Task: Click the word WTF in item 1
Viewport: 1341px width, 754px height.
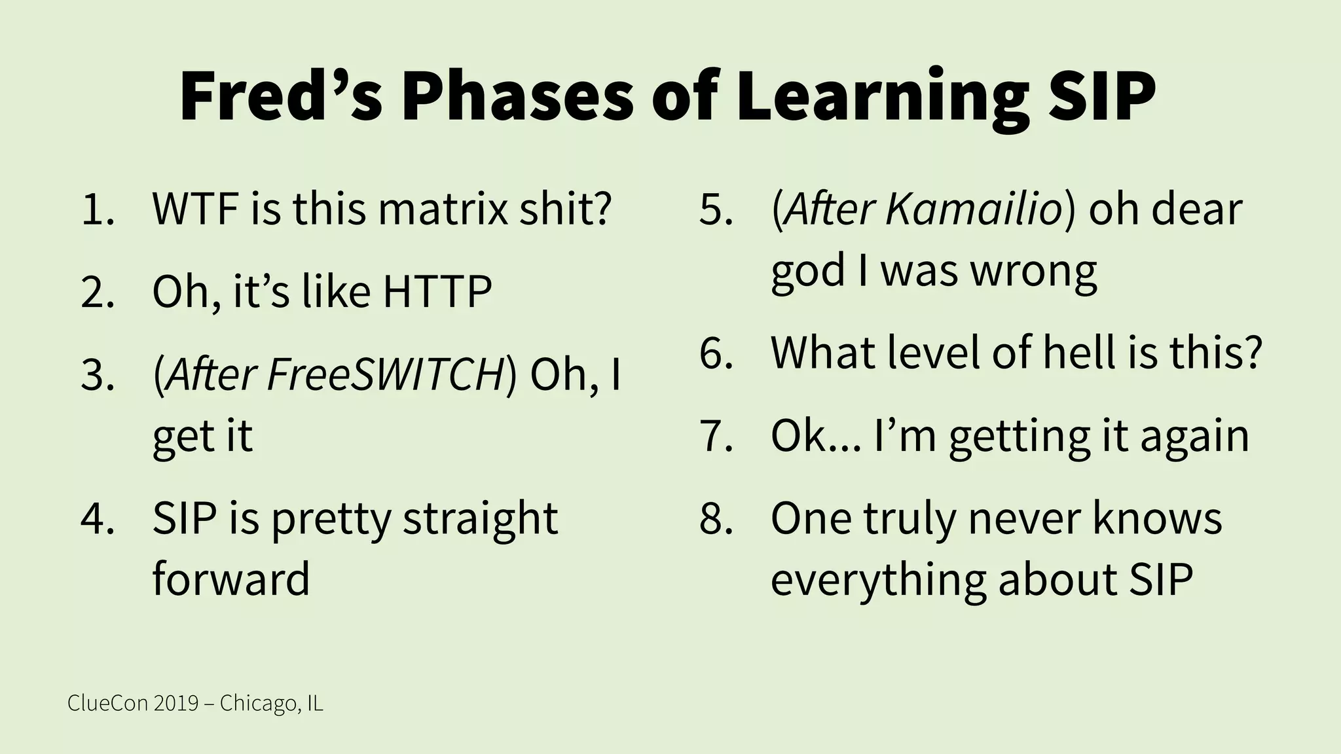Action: click(x=194, y=209)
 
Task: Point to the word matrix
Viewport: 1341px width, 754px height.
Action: click(x=443, y=209)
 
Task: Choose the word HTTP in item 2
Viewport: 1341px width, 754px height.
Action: click(x=437, y=291)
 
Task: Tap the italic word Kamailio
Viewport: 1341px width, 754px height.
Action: click(x=974, y=209)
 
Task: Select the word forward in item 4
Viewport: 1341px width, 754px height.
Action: click(x=230, y=579)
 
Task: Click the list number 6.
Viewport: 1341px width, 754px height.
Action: click(x=716, y=353)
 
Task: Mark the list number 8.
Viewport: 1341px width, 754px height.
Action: click(x=716, y=519)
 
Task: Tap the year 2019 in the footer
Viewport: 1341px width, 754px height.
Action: click(x=176, y=703)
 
